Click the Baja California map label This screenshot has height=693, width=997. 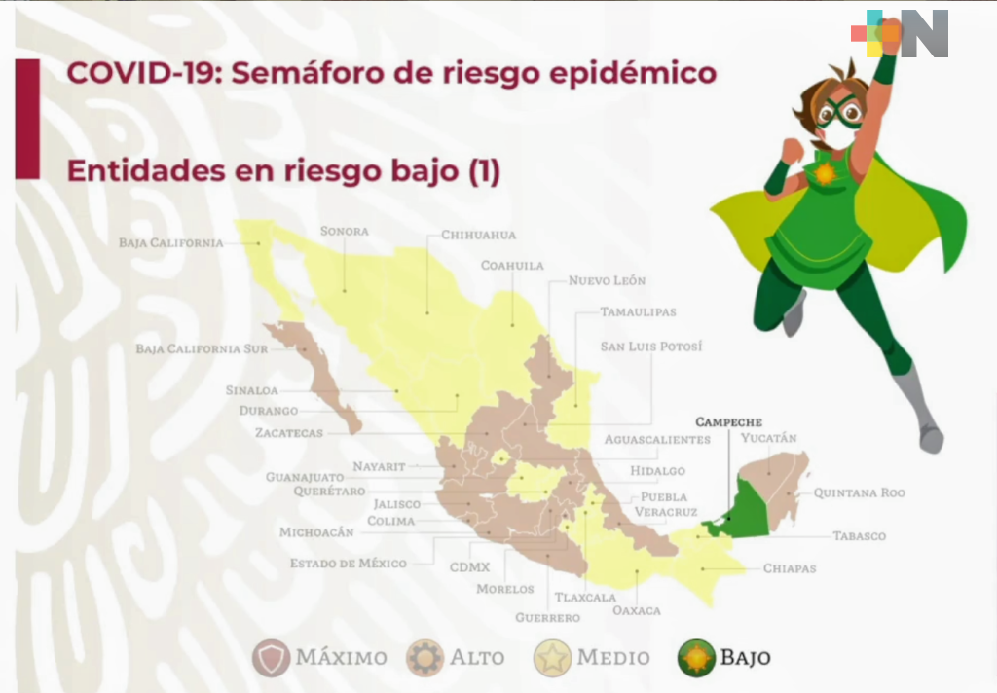(x=171, y=243)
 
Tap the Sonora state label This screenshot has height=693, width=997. (x=344, y=231)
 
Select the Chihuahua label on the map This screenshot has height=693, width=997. (x=479, y=236)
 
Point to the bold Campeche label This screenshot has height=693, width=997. (x=728, y=421)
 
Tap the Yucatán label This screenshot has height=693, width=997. (x=769, y=437)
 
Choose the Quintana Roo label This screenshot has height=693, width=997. (x=859, y=492)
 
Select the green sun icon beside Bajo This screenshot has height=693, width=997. (x=696, y=658)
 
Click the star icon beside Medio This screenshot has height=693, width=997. (x=552, y=658)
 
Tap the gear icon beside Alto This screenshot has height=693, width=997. (x=425, y=658)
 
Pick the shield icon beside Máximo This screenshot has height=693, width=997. (x=272, y=658)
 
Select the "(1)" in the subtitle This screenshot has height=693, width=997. (x=484, y=171)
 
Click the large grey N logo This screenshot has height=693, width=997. (x=924, y=34)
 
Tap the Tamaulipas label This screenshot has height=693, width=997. (x=638, y=312)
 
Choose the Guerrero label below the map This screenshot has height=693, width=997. (x=547, y=617)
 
